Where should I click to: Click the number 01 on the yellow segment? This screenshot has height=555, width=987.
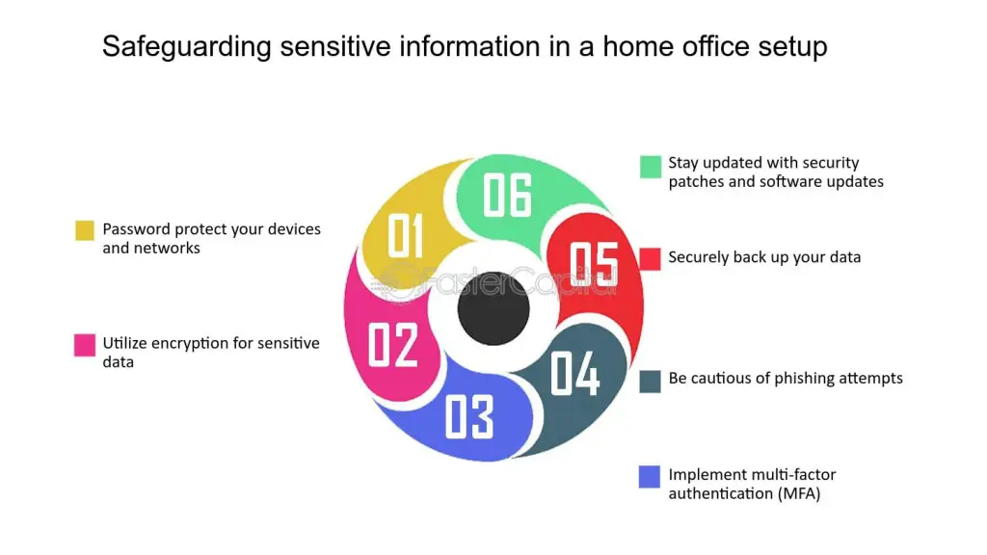(406, 236)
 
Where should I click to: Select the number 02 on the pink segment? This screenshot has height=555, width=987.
(393, 345)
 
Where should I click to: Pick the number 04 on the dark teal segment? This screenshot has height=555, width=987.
(575, 373)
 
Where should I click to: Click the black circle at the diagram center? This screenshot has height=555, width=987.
(493, 308)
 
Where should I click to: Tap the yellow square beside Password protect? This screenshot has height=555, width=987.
(85, 230)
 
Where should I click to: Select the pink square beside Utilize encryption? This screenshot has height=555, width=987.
(85, 345)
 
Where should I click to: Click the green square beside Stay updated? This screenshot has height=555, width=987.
(651, 167)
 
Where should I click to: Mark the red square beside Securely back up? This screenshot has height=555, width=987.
(651, 258)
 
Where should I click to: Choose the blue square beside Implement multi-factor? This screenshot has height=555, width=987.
(651, 476)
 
